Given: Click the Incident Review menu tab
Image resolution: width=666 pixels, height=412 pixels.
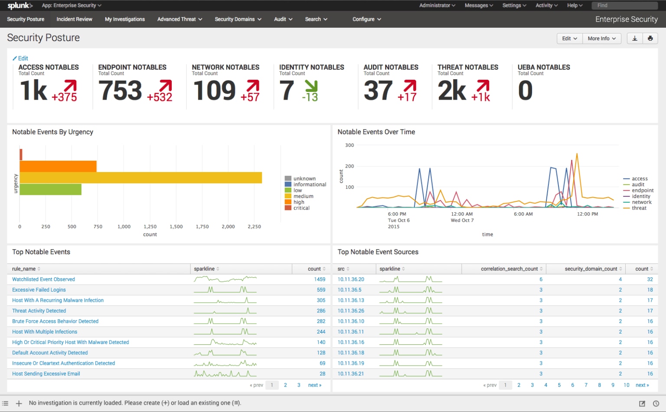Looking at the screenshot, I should [x=74, y=19].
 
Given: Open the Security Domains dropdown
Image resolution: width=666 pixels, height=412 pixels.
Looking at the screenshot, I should [x=238, y=19].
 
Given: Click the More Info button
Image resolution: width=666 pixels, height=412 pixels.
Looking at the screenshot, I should [x=601, y=39].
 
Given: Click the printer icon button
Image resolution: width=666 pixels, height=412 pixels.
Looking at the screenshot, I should [x=650, y=39].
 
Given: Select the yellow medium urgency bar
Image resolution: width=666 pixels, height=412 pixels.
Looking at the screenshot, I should [x=140, y=178].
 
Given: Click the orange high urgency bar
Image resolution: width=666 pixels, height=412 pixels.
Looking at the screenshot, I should [x=58, y=166].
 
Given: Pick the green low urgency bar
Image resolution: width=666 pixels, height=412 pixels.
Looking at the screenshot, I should [x=50, y=189].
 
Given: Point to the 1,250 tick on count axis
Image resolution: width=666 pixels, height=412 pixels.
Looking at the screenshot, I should [x=150, y=227].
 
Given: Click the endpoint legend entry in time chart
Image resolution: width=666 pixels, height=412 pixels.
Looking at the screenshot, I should [x=642, y=190].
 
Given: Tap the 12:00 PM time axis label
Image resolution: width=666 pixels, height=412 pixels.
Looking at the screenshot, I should [x=587, y=214].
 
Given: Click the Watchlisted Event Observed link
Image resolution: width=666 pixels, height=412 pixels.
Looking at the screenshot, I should [x=43, y=279].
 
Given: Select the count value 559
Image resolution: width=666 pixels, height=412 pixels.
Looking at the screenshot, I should [x=321, y=290].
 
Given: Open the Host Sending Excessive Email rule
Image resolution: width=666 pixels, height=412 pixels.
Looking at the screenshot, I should [x=46, y=374].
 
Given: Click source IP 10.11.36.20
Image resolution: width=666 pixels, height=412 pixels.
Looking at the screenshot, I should [x=351, y=279].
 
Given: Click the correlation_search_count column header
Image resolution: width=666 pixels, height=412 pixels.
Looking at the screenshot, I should [x=509, y=269].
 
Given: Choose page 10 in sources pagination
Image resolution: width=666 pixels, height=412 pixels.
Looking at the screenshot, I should [x=626, y=385].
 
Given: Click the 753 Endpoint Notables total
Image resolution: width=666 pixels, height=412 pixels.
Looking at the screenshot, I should [x=120, y=91].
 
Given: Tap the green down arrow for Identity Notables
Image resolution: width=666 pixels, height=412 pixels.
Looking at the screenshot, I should [x=311, y=86].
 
